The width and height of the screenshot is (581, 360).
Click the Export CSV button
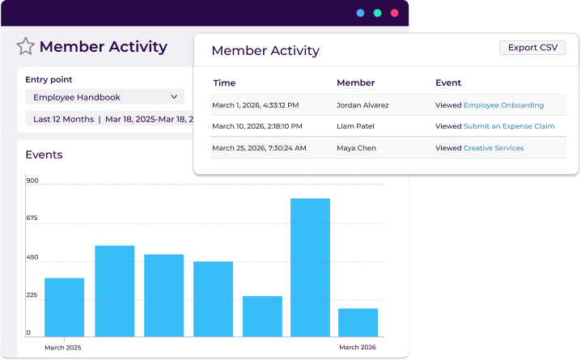pyautogui.click(x=532, y=48)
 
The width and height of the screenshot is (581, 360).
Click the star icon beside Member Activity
pyautogui.click(x=26, y=46)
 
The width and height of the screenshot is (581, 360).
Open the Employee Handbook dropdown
pyautogui.click(x=104, y=97)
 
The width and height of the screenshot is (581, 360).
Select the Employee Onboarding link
pyautogui.click(x=503, y=105)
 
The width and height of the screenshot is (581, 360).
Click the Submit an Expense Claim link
pyautogui.click(x=509, y=126)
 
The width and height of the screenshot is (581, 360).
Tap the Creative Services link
pyautogui.click(x=494, y=148)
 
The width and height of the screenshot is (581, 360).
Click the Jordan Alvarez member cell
pyautogui.click(x=363, y=105)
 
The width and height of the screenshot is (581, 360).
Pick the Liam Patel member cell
pyautogui.click(x=355, y=126)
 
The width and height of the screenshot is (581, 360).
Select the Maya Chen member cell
pyautogui.click(x=357, y=148)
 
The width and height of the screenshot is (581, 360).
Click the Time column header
pyautogui.click(x=224, y=83)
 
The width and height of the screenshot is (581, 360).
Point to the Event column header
pyautogui.click(x=448, y=83)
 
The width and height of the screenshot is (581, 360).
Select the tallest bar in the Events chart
pyautogui.click(x=310, y=267)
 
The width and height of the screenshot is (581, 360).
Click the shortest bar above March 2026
pyautogui.click(x=358, y=322)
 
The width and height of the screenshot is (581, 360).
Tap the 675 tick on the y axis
pyautogui.click(x=32, y=218)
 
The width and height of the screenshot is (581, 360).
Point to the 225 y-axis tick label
pyautogui.click(x=32, y=295)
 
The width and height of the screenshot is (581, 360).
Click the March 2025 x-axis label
pyautogui.click(x=62, y=347)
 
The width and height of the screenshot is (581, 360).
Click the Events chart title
pyautogui.click(x=44, y=155)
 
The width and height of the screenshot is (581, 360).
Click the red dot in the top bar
pyautogui.click(x=395, y=13)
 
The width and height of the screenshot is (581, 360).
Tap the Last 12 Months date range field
pyautogui.click(x=109, y=119)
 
